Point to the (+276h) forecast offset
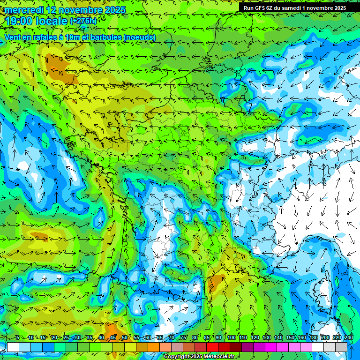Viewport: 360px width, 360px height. [x=83, y=21]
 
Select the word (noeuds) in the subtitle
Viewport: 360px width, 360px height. [x=139, y=37]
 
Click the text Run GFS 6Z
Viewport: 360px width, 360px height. [x=258, y=8]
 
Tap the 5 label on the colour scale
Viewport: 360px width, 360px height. [x=17, y=338]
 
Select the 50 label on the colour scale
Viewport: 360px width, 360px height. [x=124, y=338]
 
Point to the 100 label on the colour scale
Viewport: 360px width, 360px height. [x=231, y=338]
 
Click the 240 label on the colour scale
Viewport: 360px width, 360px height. [x=348, y=338]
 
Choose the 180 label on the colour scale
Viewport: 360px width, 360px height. [x=313, y=338]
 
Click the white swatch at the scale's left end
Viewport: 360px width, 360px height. [x=13, y=347]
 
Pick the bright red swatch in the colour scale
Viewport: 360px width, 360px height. [x=212, y=347]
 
